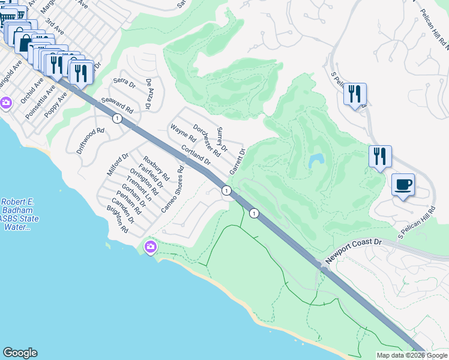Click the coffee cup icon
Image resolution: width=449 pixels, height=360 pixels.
(403, 184)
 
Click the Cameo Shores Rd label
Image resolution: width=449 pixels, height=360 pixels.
(172, 189)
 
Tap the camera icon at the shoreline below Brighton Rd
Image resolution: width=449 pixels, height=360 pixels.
(150, 247)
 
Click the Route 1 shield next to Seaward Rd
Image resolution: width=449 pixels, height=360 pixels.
(117, 119)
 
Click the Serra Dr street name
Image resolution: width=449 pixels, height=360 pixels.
(124, 86)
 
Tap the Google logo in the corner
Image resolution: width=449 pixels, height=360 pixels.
(20, 353)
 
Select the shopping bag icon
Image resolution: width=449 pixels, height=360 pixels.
(24, 41)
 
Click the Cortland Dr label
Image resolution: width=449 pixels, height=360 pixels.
(196, 155)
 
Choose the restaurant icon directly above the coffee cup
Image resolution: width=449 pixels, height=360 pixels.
(380, 157)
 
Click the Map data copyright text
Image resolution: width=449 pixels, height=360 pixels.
(412, 355)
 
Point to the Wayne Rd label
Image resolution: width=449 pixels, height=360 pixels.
(179, 133)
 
